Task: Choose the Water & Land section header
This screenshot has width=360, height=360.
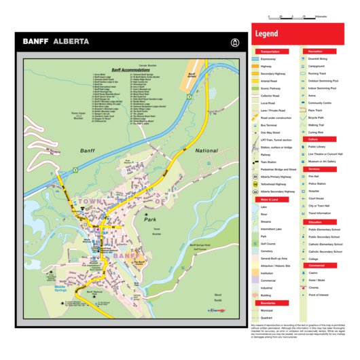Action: click(x=270, y=200)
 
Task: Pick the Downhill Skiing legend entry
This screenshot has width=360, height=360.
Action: click(x=320, y=59)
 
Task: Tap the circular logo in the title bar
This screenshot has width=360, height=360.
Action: click(x=236, y=41)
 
